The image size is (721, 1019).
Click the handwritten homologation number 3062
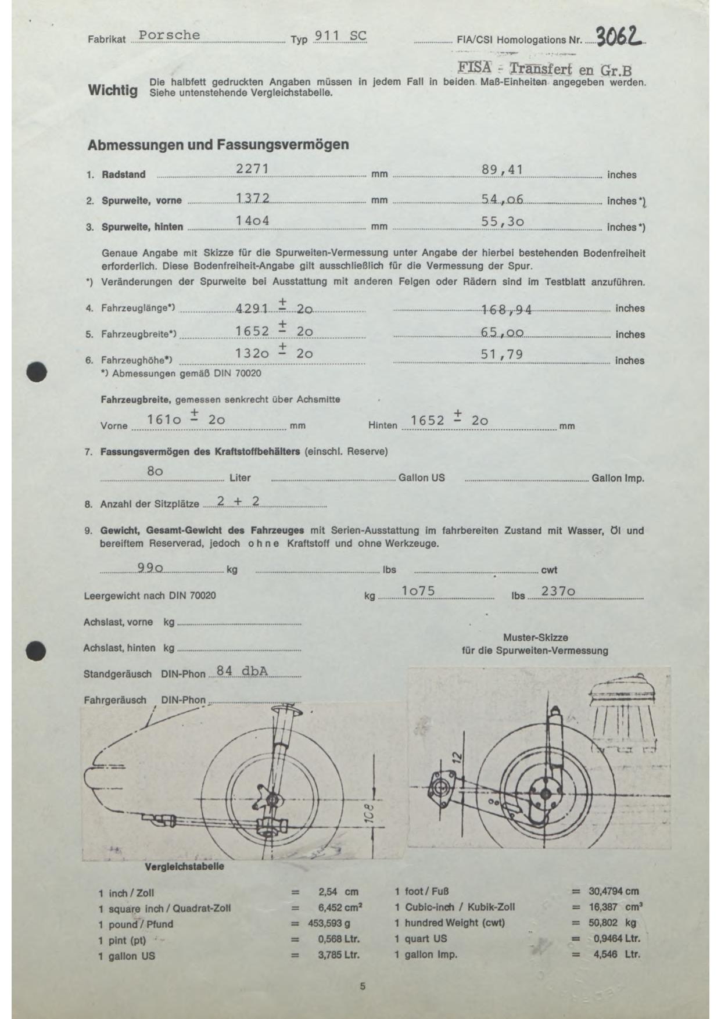coord(619,37)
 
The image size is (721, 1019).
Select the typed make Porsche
coord(169,35)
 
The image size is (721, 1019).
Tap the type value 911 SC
coord(340,36)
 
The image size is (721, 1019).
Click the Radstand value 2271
coord(252,169)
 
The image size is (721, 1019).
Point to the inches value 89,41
coord(503,170)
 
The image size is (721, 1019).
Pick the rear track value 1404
coord(252,221)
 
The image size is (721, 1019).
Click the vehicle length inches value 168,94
coord(507,310)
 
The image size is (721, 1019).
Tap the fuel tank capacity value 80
coord(155,471)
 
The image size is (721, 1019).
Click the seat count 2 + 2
coord(238,501)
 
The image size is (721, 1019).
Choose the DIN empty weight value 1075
coord(418,591)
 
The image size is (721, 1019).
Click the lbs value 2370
coord(558,591)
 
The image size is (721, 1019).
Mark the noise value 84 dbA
coord(242,671)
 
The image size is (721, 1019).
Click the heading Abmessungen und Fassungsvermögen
coord(218,145)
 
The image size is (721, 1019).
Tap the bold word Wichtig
coord(113,91)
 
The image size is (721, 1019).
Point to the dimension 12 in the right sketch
coord(457,757)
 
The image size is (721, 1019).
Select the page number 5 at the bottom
coord(363,986)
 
